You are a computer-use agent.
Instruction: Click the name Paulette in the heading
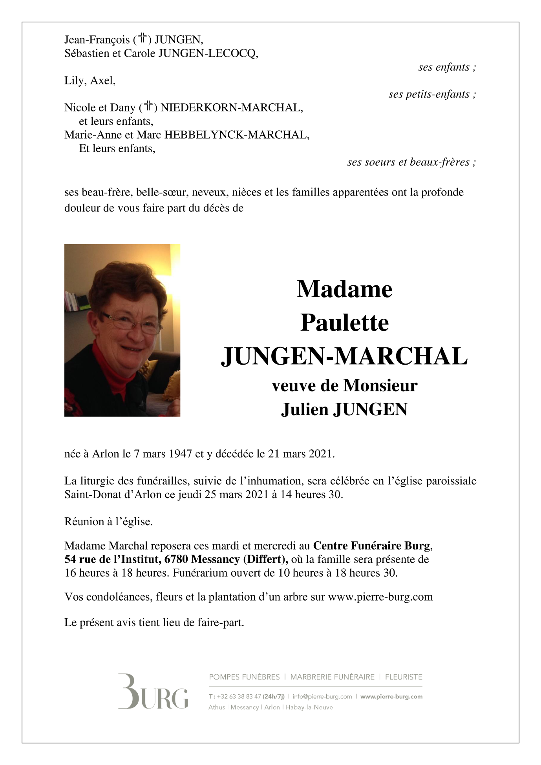(x=344, y=323)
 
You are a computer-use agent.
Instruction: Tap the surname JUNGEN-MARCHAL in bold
(x=344, y=356)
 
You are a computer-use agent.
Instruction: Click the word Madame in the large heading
(x=344, y=289)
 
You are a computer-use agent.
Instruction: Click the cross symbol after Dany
(x=149, y=106)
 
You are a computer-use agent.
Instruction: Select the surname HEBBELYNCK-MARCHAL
(x=237, y=135)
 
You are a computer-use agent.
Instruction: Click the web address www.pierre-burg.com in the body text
(x=380, y=597)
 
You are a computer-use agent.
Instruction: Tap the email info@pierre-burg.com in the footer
(x=322, y=696)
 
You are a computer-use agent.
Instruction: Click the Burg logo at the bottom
(x=153, y=692)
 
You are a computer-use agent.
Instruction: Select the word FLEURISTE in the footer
(x=404, y=677)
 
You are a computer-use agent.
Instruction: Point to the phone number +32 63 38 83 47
(x=239, y=696)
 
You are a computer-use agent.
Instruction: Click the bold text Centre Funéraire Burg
(x=372, y=546)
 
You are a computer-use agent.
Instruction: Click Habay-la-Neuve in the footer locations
(x=309, y=707)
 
